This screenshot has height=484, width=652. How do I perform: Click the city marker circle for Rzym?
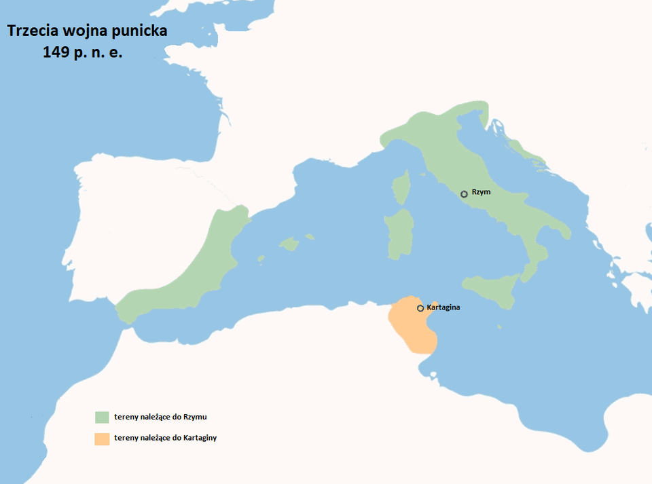pyautogui.click(x=464, y=194)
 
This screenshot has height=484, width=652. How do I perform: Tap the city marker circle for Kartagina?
pyautogui.click(x=420, y=309)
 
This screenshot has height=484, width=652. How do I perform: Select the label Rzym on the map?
pyautogui.click(x=481, y=192)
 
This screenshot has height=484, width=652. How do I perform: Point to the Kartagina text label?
pyautogui.click(x=443, y=308)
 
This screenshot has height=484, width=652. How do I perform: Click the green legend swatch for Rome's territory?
pyautogui.click(x=102, y=417)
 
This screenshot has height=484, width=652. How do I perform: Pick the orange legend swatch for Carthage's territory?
pyautogui.click(x=102, y=439)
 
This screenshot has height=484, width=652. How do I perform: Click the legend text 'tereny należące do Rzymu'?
pyautogui.click(x=160, y=416)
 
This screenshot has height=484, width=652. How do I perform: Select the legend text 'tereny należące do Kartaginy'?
pyautogui.click(x=165, y=438)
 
